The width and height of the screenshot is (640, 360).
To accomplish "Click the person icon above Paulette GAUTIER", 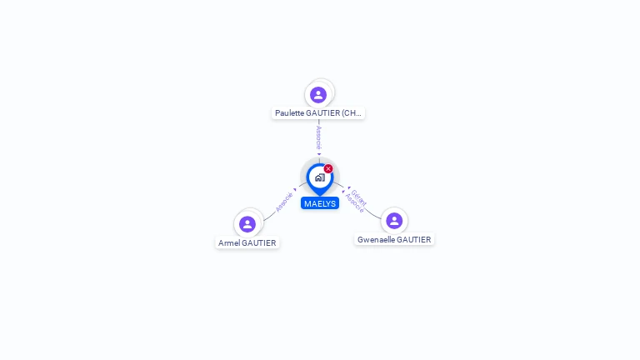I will (318, 94).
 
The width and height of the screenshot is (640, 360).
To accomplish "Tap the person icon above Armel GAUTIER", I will (247, 223).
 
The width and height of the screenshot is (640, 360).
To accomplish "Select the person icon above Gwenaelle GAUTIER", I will (394, 220).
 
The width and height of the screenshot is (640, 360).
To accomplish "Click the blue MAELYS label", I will (320, 203).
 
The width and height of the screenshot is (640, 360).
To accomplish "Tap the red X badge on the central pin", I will (328, 168).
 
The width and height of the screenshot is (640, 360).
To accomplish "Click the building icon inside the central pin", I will (319, 177).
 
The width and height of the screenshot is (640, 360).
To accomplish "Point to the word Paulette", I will (291, 112).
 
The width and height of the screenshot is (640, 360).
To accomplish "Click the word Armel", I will (228, 242).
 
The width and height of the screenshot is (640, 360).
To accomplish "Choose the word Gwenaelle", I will (376, 239).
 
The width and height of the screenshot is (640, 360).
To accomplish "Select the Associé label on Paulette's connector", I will (318, 137).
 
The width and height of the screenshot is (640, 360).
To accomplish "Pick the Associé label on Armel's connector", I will (284, 202).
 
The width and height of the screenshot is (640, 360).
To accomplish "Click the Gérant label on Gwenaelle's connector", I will (359, 197).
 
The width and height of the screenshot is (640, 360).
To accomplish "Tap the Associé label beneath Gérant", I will (354, 202).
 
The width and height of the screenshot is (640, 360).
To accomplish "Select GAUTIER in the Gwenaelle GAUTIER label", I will (414, 239).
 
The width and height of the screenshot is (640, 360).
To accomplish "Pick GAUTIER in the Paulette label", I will (324, 112).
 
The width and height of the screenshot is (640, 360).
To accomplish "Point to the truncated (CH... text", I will (352, 112).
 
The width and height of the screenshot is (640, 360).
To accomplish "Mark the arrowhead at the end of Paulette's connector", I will (318, 153).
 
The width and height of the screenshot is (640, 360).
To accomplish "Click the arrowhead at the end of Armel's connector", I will (296, 189).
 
